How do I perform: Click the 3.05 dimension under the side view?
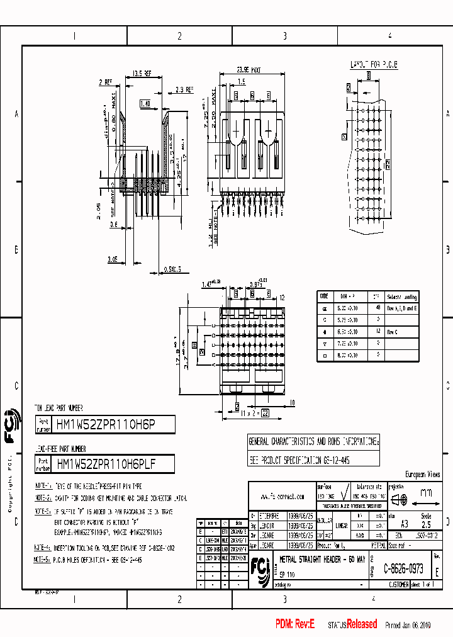pos(113,258)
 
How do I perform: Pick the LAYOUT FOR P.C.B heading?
pos(374,65)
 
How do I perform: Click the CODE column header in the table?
pos(324,296)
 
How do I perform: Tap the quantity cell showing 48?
pos(377,308)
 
